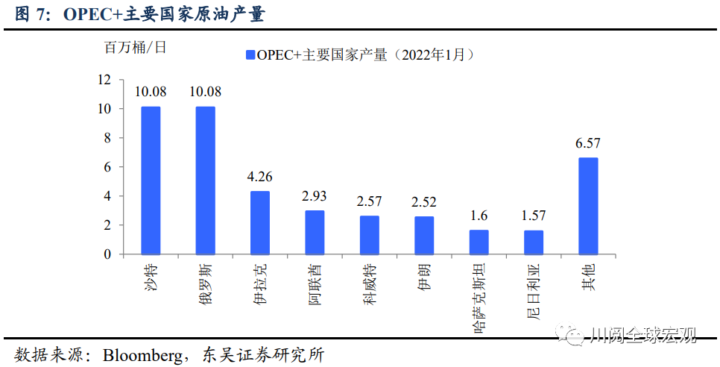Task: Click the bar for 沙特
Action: pyautogui.click(x=151, y=181)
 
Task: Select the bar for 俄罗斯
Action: pyautogui.click(x=205, y=181)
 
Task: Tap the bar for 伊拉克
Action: pyautogui.click(x=260, y=222)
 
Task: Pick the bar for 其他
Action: pyautogui.click(x=588, y=206)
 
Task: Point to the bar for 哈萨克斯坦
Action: pyautogui.click(x=479, y=242)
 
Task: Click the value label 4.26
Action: pyautogui.click(x=260, y=178)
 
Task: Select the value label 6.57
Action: pyautogui.click(x=588, y=143)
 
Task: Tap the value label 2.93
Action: pyautogui.click(x=315, y=197)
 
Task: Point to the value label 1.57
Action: pyautogui.click(x=533, y=216)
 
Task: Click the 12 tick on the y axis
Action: pyautogui.click(x=104, y=80)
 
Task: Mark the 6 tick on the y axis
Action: pyautogui.click(x=107, y=167)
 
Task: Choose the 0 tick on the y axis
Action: pyautogui.click(x=107, y=254)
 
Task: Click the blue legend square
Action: pyautogui.click(x=248, y=54)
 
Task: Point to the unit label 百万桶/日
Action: pyautogui.click(x=135, y=47)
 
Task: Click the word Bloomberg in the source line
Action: pyautogui.click(x=144, y=354)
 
